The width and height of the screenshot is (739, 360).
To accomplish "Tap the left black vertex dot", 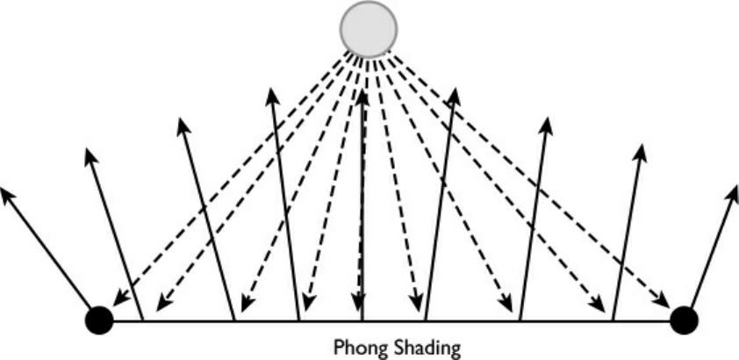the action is coord(99,320).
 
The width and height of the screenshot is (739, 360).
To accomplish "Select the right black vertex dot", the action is coord(683,320).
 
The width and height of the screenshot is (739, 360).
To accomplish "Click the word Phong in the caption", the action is coord(360,348).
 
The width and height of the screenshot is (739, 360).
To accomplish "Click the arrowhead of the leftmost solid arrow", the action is coord(8,193).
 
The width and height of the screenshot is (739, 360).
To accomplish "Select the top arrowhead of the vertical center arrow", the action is coord(362,91).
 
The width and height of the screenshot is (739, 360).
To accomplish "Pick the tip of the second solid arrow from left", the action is coord(90,156).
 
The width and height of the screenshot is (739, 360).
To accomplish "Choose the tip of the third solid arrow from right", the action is coord(547,123).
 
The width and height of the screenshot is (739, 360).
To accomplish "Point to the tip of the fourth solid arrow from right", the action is coord(455,93).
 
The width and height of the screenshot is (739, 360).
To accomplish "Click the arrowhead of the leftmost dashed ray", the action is coord(117,301).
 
